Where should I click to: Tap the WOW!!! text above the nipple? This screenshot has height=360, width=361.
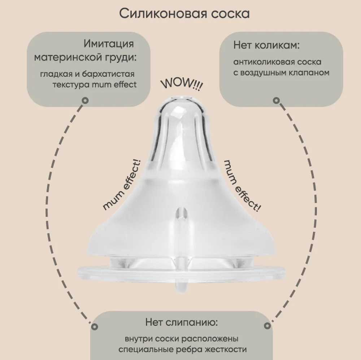click(x=182, y=84)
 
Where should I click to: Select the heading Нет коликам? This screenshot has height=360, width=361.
click(x=266, y=45)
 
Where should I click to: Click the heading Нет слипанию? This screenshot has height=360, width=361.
click(x=182, y=322)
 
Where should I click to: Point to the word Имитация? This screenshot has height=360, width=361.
click(x=109, y=44)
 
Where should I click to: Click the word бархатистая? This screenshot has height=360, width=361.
click(x=108, y=74)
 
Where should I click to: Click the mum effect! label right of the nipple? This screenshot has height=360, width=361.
click(x=242, y=186)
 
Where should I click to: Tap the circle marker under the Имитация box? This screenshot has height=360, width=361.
click(x=86, y=101)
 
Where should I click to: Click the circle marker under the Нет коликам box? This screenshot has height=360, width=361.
click(x=276, y=101)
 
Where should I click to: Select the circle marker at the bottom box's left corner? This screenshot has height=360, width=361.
click(x=94, y=326)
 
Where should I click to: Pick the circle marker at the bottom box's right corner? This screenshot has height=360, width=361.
click(x=267, y=326)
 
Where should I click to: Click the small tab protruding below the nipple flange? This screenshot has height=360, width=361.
click(x=181, y=285)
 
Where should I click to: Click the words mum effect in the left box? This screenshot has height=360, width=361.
click(x=114, y=84)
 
